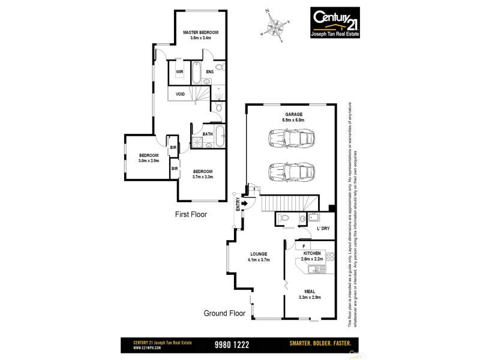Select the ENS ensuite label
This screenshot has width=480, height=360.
(x=209, y=72)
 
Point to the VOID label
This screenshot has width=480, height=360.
(x=180, y=94)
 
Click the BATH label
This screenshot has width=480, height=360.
(x=207, y=134)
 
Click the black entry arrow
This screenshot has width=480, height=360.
(x=245, y=203)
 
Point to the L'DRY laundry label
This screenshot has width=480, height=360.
(x=322, y=229)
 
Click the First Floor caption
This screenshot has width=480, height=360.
(x=190, y=214)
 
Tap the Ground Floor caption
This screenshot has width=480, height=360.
(x=225, y=313)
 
